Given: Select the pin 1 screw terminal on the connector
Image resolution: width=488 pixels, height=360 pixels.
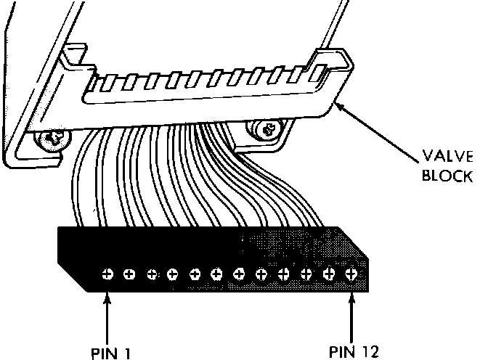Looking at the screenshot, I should [x=107, y=274].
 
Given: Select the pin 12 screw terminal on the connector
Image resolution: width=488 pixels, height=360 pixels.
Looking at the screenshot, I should [x=351, y=274].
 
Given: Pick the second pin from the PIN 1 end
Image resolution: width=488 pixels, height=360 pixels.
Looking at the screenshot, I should [x=130, y=274].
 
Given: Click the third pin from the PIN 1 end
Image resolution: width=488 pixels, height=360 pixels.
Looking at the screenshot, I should [x=152, y=274].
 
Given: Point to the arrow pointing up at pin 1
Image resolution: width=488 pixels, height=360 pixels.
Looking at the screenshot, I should [x=107, y=312].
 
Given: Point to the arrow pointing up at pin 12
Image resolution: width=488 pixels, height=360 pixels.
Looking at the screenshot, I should [x=352, y=312].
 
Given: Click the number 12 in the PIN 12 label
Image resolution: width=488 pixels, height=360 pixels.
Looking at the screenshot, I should [x=370, y=353].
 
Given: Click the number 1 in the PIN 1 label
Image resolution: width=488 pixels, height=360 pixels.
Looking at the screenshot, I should [x=129, y=353].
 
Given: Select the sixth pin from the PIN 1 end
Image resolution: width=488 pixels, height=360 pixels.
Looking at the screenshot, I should [x=217, y=274].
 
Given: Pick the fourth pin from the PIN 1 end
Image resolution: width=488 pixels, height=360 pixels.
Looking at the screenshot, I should [x=174, y=274].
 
